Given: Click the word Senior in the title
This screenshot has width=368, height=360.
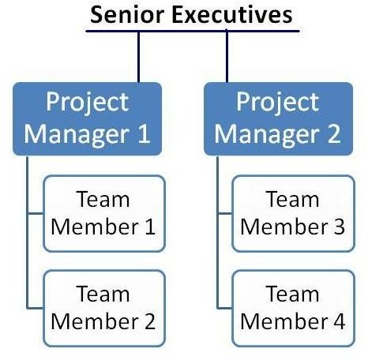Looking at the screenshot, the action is click(x=127, y=15).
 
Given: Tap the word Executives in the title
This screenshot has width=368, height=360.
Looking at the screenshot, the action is click(x=232, y=15).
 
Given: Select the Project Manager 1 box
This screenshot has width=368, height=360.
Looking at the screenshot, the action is click(x=87, y=118).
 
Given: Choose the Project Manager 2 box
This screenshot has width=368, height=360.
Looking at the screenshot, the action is click(x=279, y=118).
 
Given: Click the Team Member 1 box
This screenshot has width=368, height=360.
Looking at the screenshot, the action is click(x=104, y=213).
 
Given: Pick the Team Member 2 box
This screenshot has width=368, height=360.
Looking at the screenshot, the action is click(x=104, y=308).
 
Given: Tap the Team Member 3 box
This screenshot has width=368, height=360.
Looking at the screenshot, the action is click(x=294, y=213).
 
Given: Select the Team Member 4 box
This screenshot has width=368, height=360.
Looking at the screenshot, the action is click(x=294, y=308).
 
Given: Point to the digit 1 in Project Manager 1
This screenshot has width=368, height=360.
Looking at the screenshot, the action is click(x=144, y=134).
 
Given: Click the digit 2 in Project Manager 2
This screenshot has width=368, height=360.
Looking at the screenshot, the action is click(x=334, y=134).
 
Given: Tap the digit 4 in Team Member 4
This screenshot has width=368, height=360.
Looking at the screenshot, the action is click(x=339, y=321).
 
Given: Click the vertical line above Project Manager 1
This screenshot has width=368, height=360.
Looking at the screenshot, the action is click(x=138, y=57).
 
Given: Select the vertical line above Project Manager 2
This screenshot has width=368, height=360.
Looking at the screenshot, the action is click(x=227, y=57).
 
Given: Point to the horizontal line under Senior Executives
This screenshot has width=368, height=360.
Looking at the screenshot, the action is click(x=193, y=31).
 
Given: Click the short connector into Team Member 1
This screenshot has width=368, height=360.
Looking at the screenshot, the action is click(x=36, y=213).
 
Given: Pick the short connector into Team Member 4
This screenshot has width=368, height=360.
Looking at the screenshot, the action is click(x=225, y=307).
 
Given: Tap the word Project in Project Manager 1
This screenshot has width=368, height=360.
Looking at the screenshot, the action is click(x=88, y=103).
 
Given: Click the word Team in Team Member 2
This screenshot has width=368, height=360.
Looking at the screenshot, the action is click(x=103, y=294).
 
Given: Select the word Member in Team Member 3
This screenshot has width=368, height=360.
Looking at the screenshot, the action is click(x=284, y=227).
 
